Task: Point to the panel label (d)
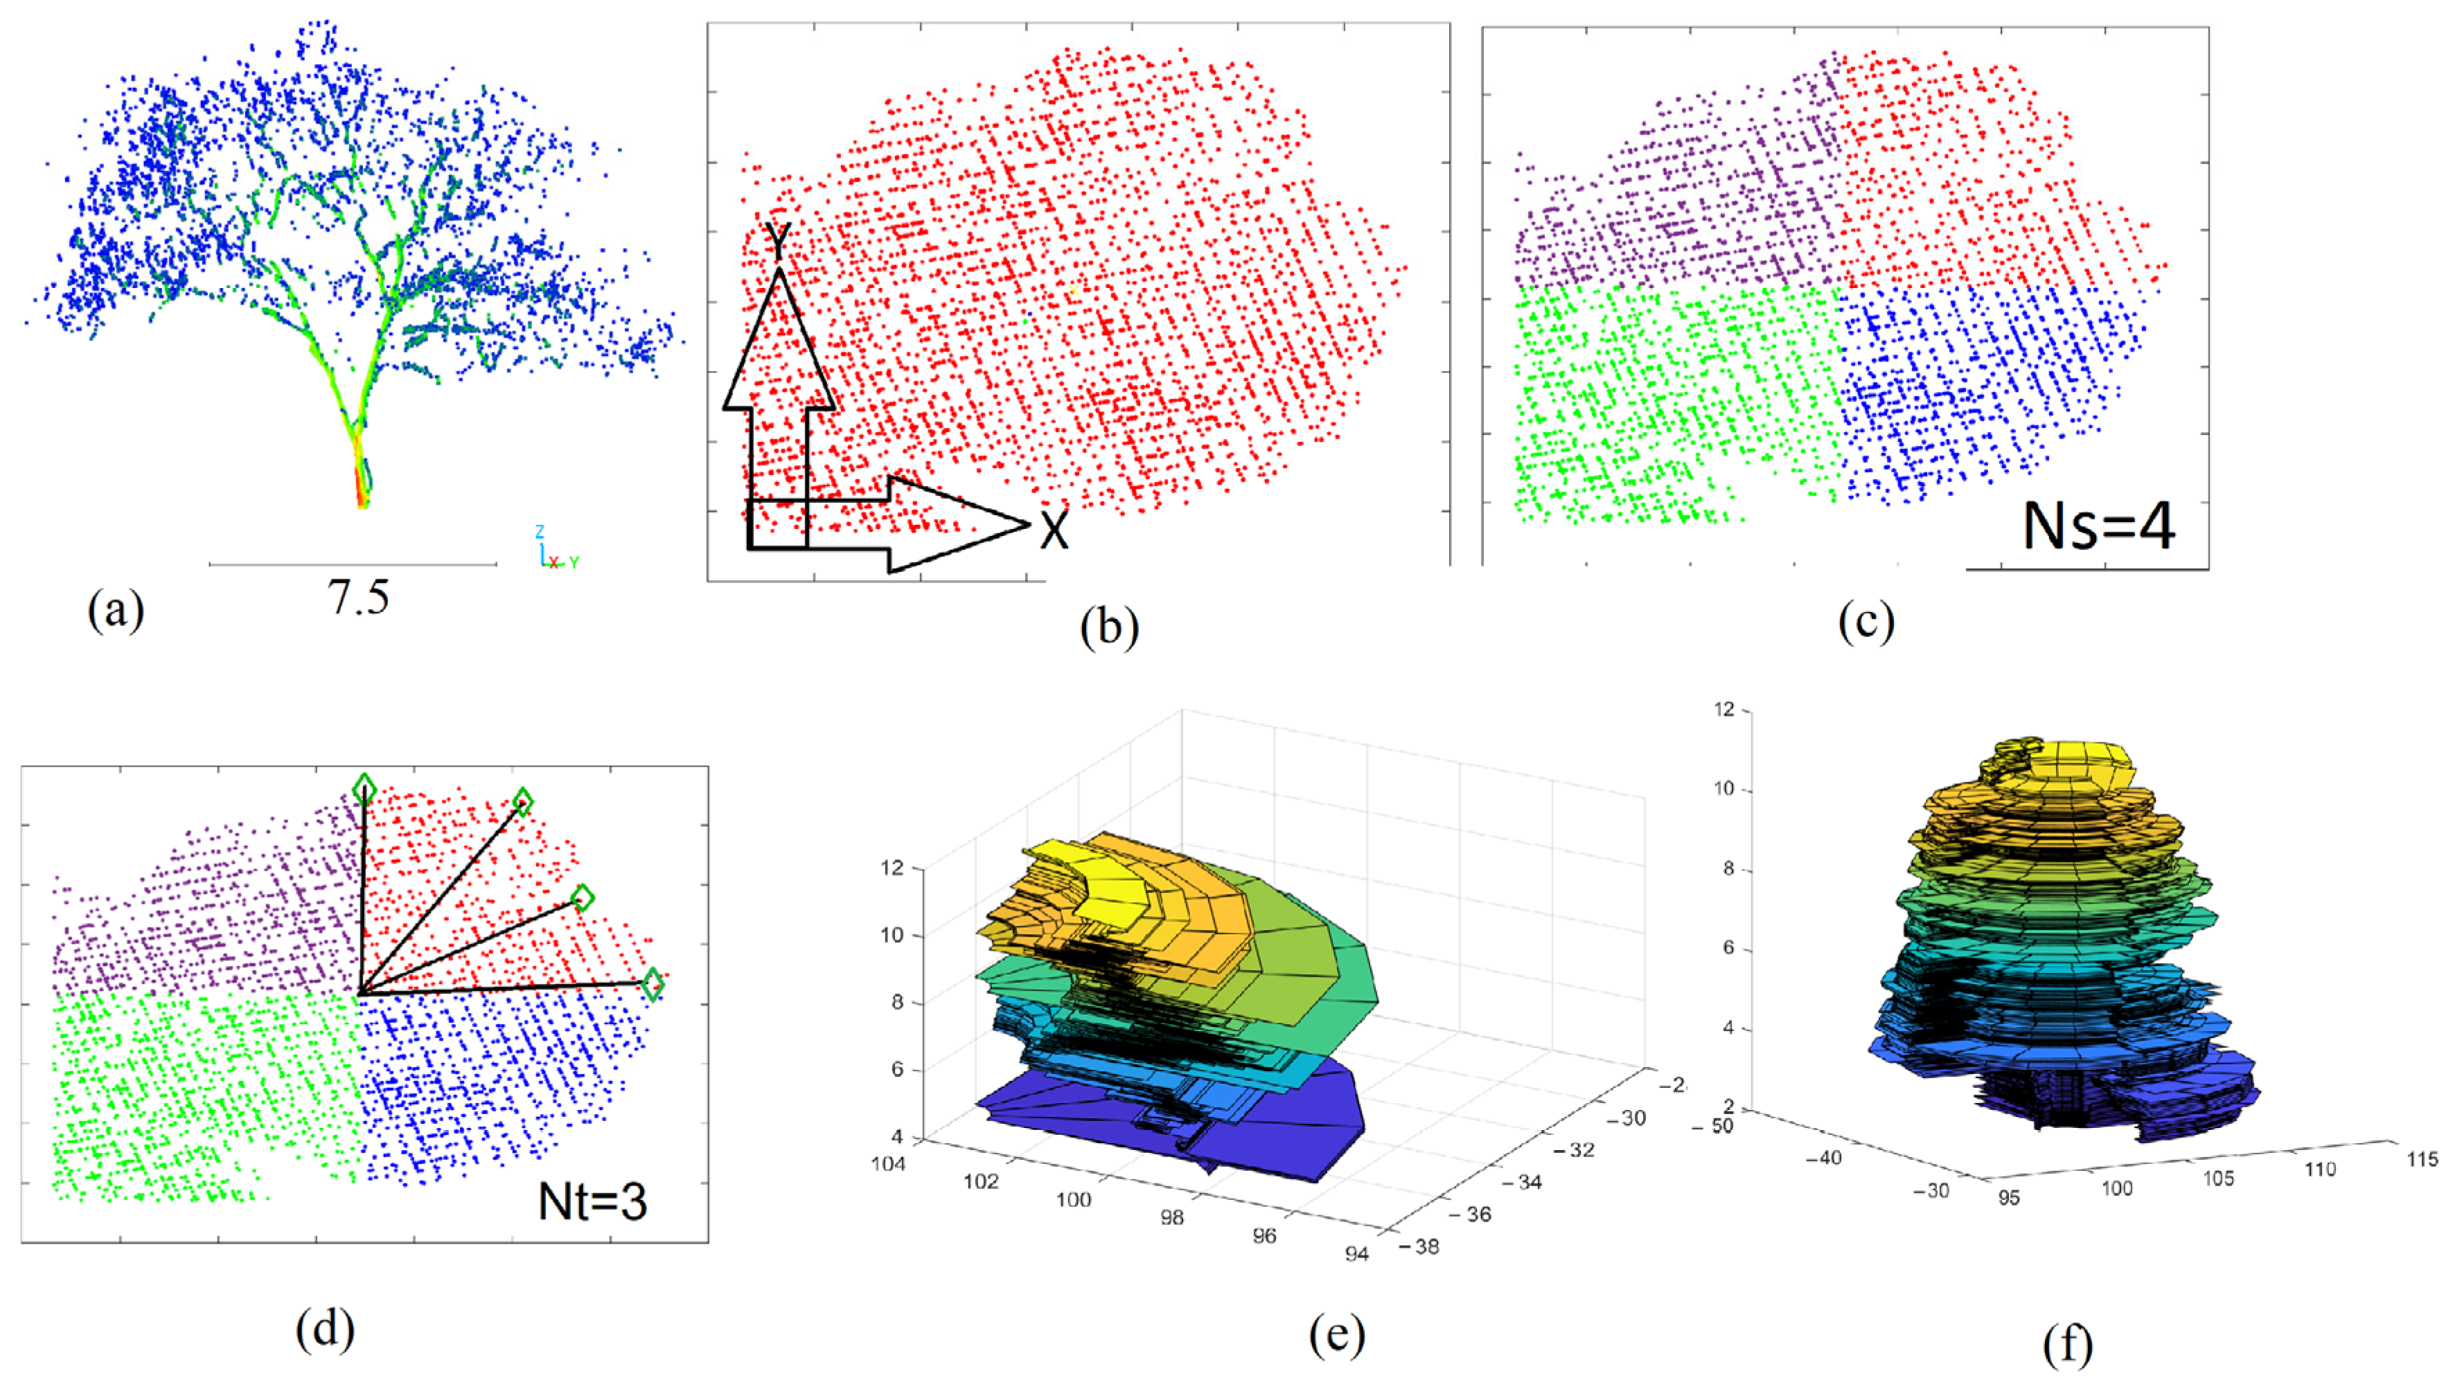pos(325,1329)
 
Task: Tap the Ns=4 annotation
pos(2098,526)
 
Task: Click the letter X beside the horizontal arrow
pos(1054,529)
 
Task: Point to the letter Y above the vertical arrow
pos(777,241)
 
